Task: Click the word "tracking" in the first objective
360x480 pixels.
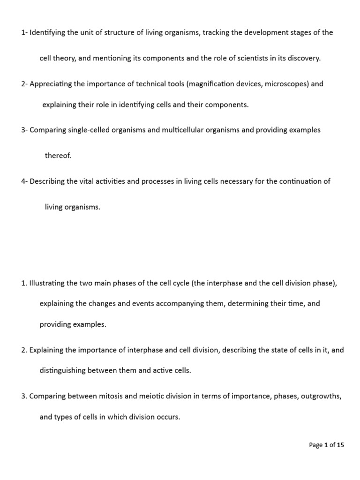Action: [217, 32]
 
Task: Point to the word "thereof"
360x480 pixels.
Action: [58, 156]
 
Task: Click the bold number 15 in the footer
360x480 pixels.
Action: [340, 445]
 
